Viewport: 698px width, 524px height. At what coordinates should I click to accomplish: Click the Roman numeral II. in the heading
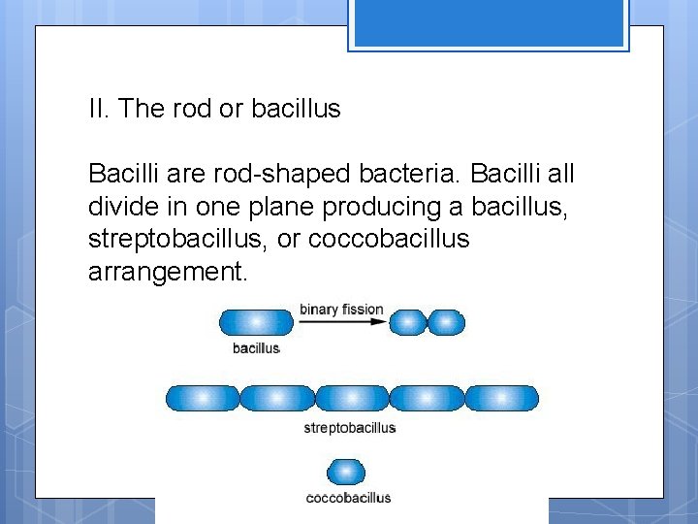(x=98, y=109)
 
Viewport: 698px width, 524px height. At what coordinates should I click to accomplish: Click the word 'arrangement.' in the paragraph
(x=168, y=272)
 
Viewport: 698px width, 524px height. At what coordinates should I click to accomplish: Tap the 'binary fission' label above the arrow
(x=341, y=310)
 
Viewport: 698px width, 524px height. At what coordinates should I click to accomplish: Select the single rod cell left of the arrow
(x=256, y=322)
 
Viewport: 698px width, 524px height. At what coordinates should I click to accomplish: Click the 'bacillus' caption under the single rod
(x=256, y=347)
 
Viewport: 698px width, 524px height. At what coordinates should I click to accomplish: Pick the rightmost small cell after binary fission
(x=446, y=322)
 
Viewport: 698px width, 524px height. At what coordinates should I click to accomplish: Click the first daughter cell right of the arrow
(x=408, y=322)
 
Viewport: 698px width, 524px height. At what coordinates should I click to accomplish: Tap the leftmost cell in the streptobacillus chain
(x=202, y=398)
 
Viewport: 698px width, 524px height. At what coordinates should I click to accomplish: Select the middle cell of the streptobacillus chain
(x=352, y=398)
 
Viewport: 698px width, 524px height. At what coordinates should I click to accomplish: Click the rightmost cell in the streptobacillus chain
(x=501, y=398)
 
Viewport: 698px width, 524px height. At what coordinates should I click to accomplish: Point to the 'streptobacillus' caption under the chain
(x=350, y=427)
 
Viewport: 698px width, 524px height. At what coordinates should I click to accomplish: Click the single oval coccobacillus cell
(x=347, y=473)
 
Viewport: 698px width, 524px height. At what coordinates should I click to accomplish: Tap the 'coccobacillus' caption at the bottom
(x=348, y=498)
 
